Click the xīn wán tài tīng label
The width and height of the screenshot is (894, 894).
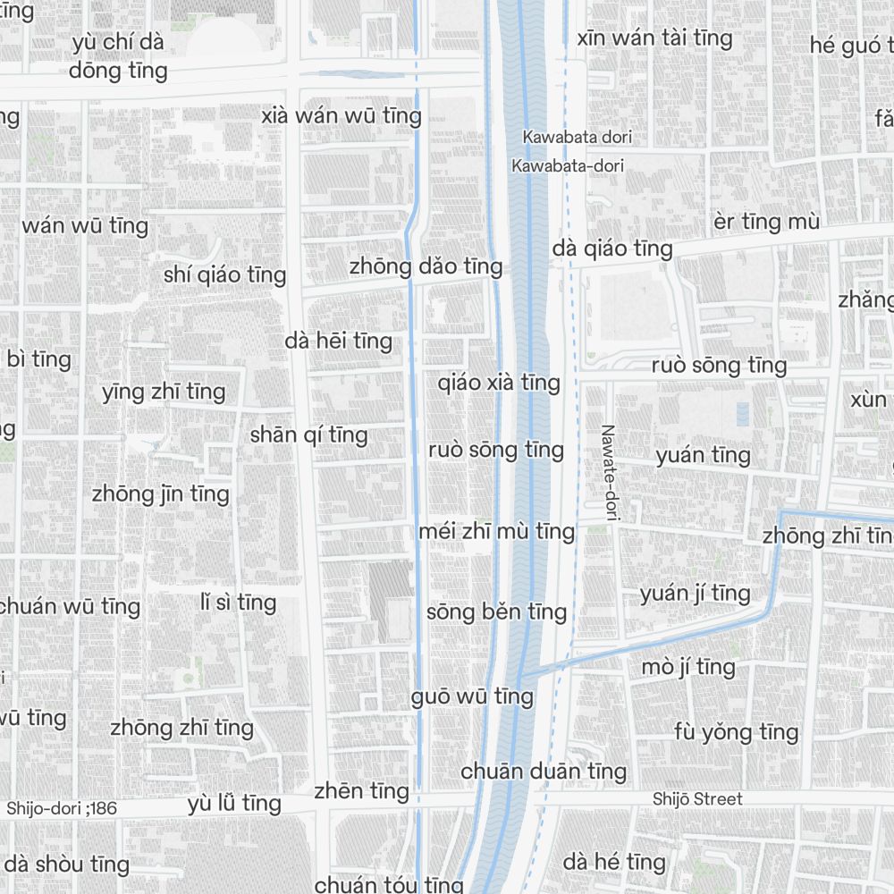tap(654, 38)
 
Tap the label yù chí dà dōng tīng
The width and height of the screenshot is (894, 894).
tap(118, 56)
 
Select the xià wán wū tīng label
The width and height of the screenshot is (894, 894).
tap(341, 115)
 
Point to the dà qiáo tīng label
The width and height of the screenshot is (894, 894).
tap(612, 249)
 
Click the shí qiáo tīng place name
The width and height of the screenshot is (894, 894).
tap(224, 274)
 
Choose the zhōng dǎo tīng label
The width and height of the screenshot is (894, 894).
tap(426, 266)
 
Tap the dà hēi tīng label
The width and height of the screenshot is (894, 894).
tap(338, 341)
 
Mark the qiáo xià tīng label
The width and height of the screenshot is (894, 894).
tap(499, 383)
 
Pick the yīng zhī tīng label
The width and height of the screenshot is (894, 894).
tap(163, 392)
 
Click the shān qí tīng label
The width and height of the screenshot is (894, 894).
tap(308, 434)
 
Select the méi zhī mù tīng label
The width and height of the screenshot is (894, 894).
tap(497, 532)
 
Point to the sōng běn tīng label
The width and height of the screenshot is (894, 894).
tap(496, 612)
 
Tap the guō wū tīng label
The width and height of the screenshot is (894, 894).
tap(472, 696)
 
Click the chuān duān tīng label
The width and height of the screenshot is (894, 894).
tap(544, 771)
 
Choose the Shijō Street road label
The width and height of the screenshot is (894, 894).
tap(697, 799)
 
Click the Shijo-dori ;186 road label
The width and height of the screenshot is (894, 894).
tap(62, 808)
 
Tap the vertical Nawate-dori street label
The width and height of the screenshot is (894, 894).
tap(610, 473)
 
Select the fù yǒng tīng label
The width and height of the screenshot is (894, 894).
tap(736, 732)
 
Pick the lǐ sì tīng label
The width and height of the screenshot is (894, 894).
tap(238, 603)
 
